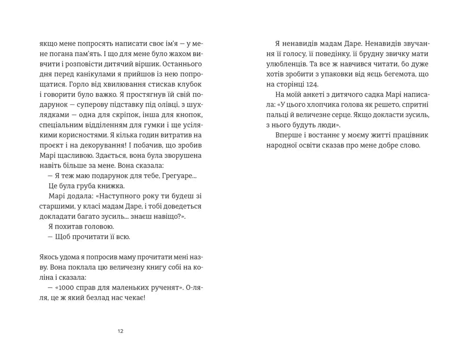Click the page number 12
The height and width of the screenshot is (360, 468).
(120, 331)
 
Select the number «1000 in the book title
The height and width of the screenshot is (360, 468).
(69, 288)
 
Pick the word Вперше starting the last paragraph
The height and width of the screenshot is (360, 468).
(288, 136)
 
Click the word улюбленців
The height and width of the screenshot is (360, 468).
(285, 64)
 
